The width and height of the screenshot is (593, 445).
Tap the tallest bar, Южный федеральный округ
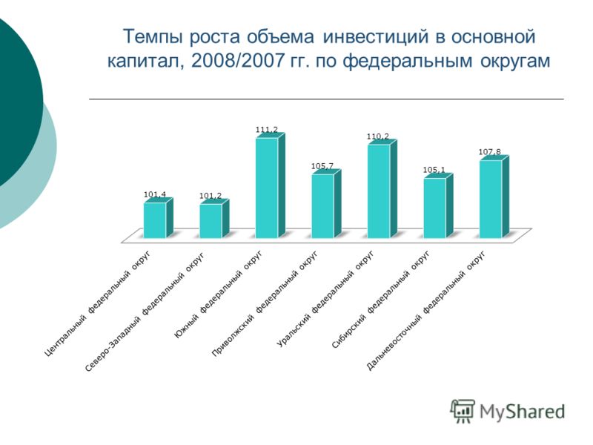[x=270, y=186]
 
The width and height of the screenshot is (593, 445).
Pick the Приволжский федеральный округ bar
[x=326, y=205]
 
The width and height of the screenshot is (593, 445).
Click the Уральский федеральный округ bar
[x=382, y=189]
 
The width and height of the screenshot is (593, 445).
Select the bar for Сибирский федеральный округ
[x=438, y=206]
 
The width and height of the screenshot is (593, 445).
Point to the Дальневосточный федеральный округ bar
[x=494, y=197]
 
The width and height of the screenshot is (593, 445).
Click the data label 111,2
[x=267, y=129]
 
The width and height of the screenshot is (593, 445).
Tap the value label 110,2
[x=378, y=136]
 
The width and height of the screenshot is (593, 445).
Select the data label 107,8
[x=490, y=152]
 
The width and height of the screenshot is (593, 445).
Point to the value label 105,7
[x=322, y=165]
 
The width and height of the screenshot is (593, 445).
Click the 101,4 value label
[x=155, y=194]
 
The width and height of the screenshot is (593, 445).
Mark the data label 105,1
[x=434, y=170]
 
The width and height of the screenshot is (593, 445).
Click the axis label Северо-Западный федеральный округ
[x=145, y=311]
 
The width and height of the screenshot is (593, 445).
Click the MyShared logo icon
[x=462, y=411]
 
